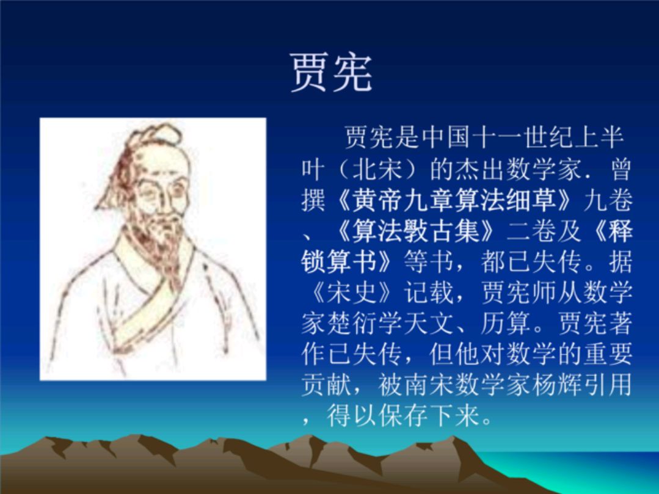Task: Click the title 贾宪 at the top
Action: coord(331,73)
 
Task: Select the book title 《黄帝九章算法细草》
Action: coord(455,200)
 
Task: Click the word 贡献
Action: coord(327,385)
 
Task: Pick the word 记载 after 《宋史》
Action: coord(429,292)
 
